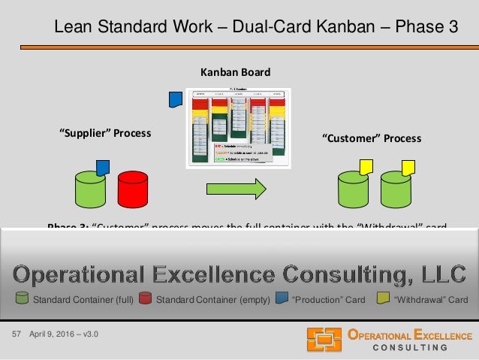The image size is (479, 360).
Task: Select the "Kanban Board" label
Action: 234,72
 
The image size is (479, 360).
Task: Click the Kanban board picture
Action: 238,128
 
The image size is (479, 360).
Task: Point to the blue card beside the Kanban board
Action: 176,99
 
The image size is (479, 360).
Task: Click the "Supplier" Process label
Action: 105,133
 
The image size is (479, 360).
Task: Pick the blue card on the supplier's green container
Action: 104,167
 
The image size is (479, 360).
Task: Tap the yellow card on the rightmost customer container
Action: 408,167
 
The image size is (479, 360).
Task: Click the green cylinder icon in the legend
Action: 22,300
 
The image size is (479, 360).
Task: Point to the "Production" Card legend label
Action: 328,300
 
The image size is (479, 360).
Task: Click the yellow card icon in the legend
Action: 382,300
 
